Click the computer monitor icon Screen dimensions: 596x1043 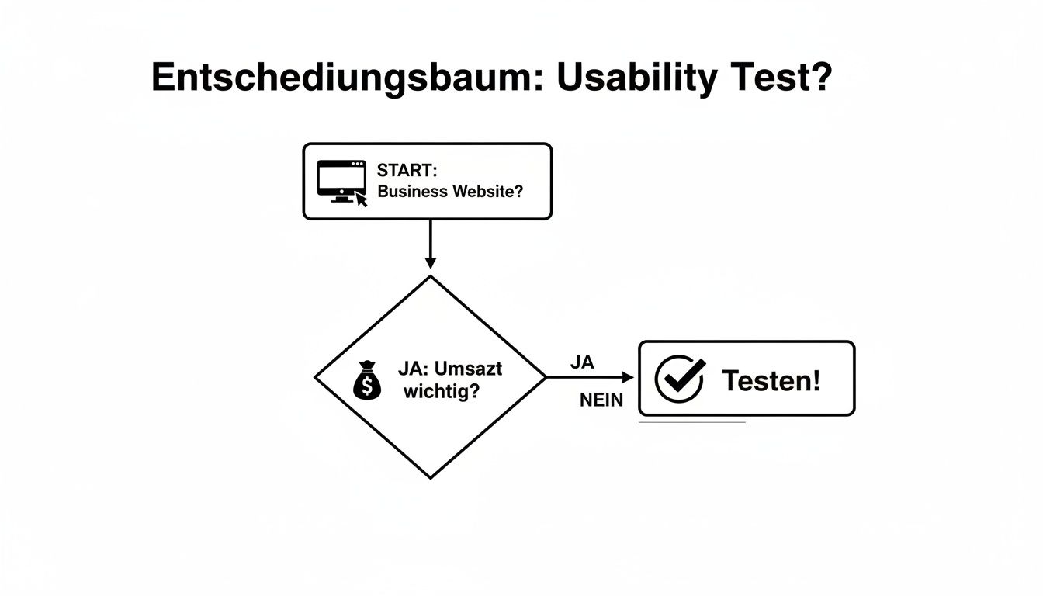341,180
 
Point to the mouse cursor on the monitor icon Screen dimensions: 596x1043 362,199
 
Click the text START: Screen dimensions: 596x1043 407,171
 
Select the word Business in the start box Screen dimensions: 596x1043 412,191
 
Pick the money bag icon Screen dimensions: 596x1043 367,382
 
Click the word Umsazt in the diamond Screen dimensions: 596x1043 471,369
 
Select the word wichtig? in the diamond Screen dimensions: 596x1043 441,392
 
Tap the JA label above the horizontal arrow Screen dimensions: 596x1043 581,362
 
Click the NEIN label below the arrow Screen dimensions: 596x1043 601,401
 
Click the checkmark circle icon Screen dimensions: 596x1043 679,379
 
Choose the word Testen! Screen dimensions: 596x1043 771,380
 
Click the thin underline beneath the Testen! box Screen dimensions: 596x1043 691,422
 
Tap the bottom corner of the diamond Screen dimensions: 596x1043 431,477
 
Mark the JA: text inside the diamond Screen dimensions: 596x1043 414,369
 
